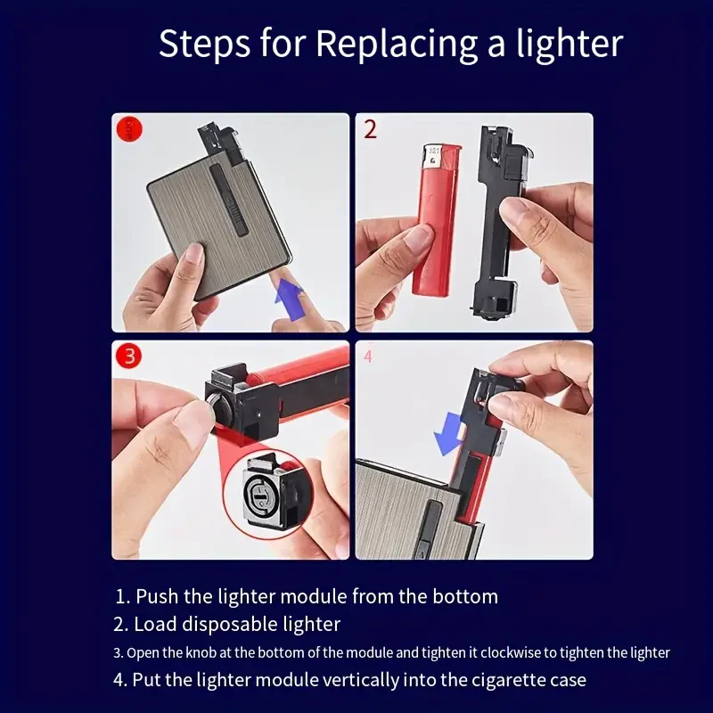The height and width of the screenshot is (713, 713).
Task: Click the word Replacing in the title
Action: pos(397,45)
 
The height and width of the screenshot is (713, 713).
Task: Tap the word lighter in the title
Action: pos(570,43)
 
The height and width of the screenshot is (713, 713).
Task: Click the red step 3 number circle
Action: pos(128,356)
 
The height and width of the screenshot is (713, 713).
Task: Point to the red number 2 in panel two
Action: pos(371,129)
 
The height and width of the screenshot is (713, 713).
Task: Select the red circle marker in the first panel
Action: pos(129,129)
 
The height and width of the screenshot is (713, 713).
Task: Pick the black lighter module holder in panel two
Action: pos(499,223)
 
